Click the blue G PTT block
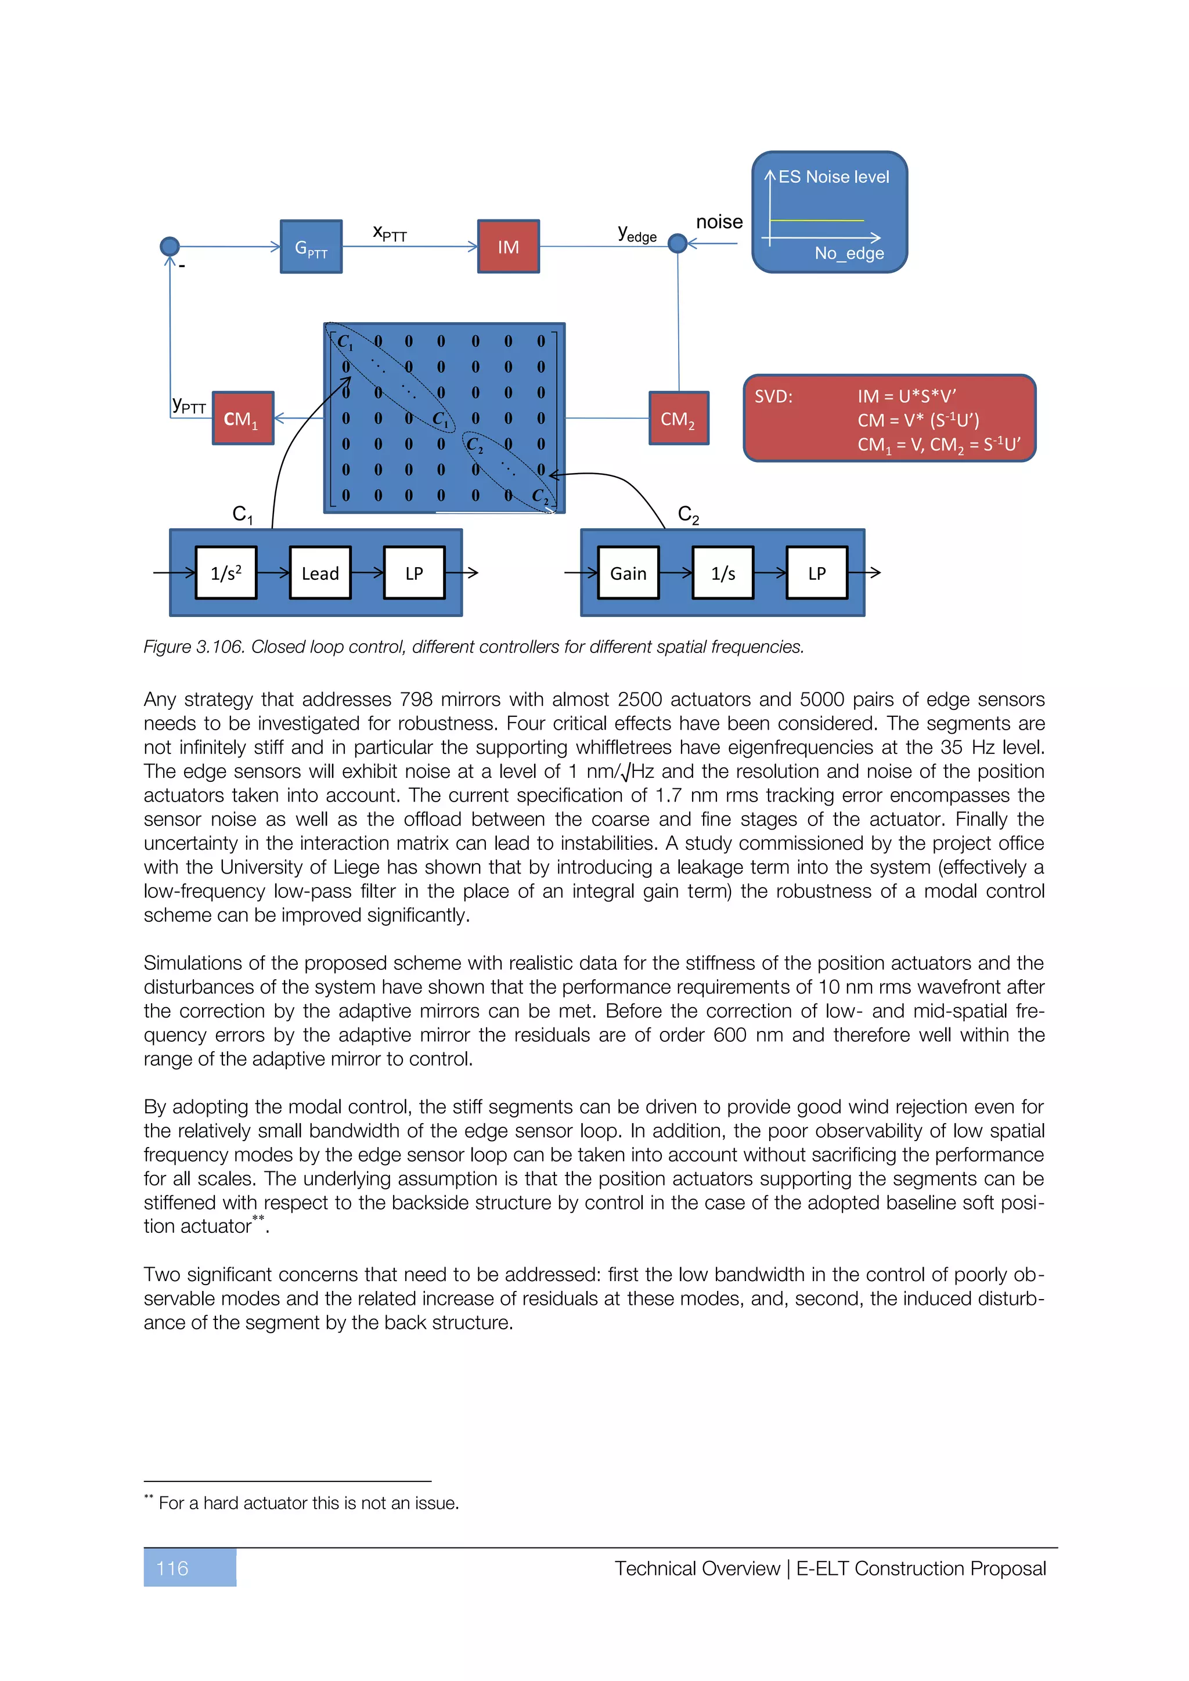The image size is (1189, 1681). point(311,247)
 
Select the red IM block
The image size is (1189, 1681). point(508,247)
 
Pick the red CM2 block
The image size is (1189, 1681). point(678,419)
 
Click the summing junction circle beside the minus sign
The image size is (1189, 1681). point(170,247)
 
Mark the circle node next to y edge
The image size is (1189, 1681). point(678,243)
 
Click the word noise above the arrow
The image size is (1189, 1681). point(719,222)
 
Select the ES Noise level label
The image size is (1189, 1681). point(833,177)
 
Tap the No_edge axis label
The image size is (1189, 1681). point(849,253)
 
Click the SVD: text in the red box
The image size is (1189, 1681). point(773,397)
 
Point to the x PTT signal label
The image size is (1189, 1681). point(390,233)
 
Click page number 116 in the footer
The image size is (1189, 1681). point(173,1568)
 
